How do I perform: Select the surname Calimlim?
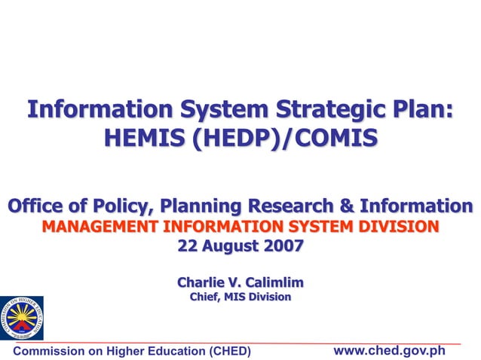(x=277, y=282)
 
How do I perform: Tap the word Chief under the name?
(x=204, y=297)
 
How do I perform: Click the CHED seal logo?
(x=21, y=318)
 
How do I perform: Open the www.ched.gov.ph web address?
(x=389, y=350)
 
